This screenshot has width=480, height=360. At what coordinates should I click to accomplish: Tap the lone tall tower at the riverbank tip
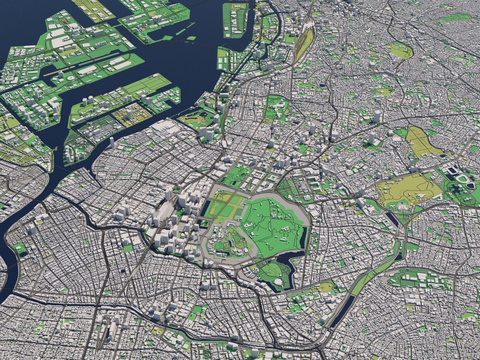pos(112,141)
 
